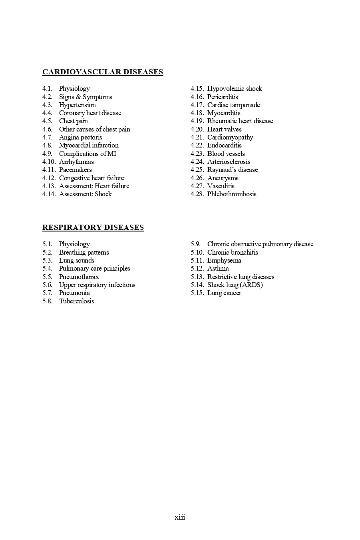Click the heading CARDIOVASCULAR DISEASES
click(103, 72)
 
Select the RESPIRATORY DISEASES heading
click(93, 227)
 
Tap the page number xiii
click(180, 517)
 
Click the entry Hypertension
click(78, 105)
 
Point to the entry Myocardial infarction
click(89, 145)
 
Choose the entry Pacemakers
click(76, 170)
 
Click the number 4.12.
click(49, 178)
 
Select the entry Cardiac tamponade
click(233, 105)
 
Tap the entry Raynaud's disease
click(233, 170)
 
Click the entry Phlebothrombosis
click(232, 194)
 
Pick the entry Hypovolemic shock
click(235, 89)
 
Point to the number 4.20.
click(197, 130)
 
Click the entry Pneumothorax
click(79, 277)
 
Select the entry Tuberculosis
click(77, 301)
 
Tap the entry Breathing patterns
click(84, 253)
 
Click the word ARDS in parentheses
click(251, 285)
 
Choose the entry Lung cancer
click(224, 293)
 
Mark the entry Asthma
click(218, 269)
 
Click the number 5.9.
click(195, 244)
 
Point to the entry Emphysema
click(224, 261)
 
